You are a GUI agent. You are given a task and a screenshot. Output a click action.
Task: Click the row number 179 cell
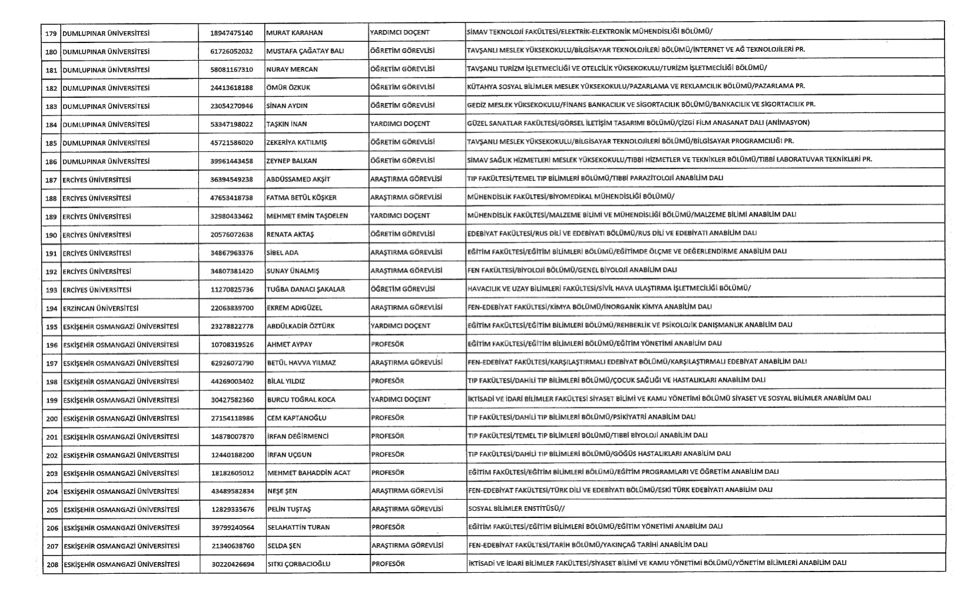coord(51,33)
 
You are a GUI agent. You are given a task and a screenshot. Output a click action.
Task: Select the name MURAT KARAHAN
coord(294,33)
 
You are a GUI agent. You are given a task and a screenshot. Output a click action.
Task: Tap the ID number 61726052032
coord(231,51)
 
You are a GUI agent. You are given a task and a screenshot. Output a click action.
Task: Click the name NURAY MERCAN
coord(292,69)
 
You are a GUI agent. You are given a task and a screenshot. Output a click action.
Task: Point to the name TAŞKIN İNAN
coord(287,124)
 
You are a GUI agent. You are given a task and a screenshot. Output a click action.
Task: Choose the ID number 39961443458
coord(231,161)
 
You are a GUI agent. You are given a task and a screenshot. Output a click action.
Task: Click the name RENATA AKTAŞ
coord(290,234)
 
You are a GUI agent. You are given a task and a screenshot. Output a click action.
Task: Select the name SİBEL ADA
coord(282,253)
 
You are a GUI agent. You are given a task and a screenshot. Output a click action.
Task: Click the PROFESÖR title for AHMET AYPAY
coord(387,344)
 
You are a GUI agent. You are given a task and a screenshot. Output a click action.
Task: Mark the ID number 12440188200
coord(232,455)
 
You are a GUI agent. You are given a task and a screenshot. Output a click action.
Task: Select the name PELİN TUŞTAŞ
coord(289,509)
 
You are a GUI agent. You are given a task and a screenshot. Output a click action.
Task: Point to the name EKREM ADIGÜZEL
coord(294,308)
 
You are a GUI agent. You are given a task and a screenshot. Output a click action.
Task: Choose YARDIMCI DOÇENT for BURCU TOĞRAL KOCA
coord(401,400)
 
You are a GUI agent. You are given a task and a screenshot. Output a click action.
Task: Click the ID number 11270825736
coord(231,290)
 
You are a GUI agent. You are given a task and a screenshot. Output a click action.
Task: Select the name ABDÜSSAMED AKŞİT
coord(298,180)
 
